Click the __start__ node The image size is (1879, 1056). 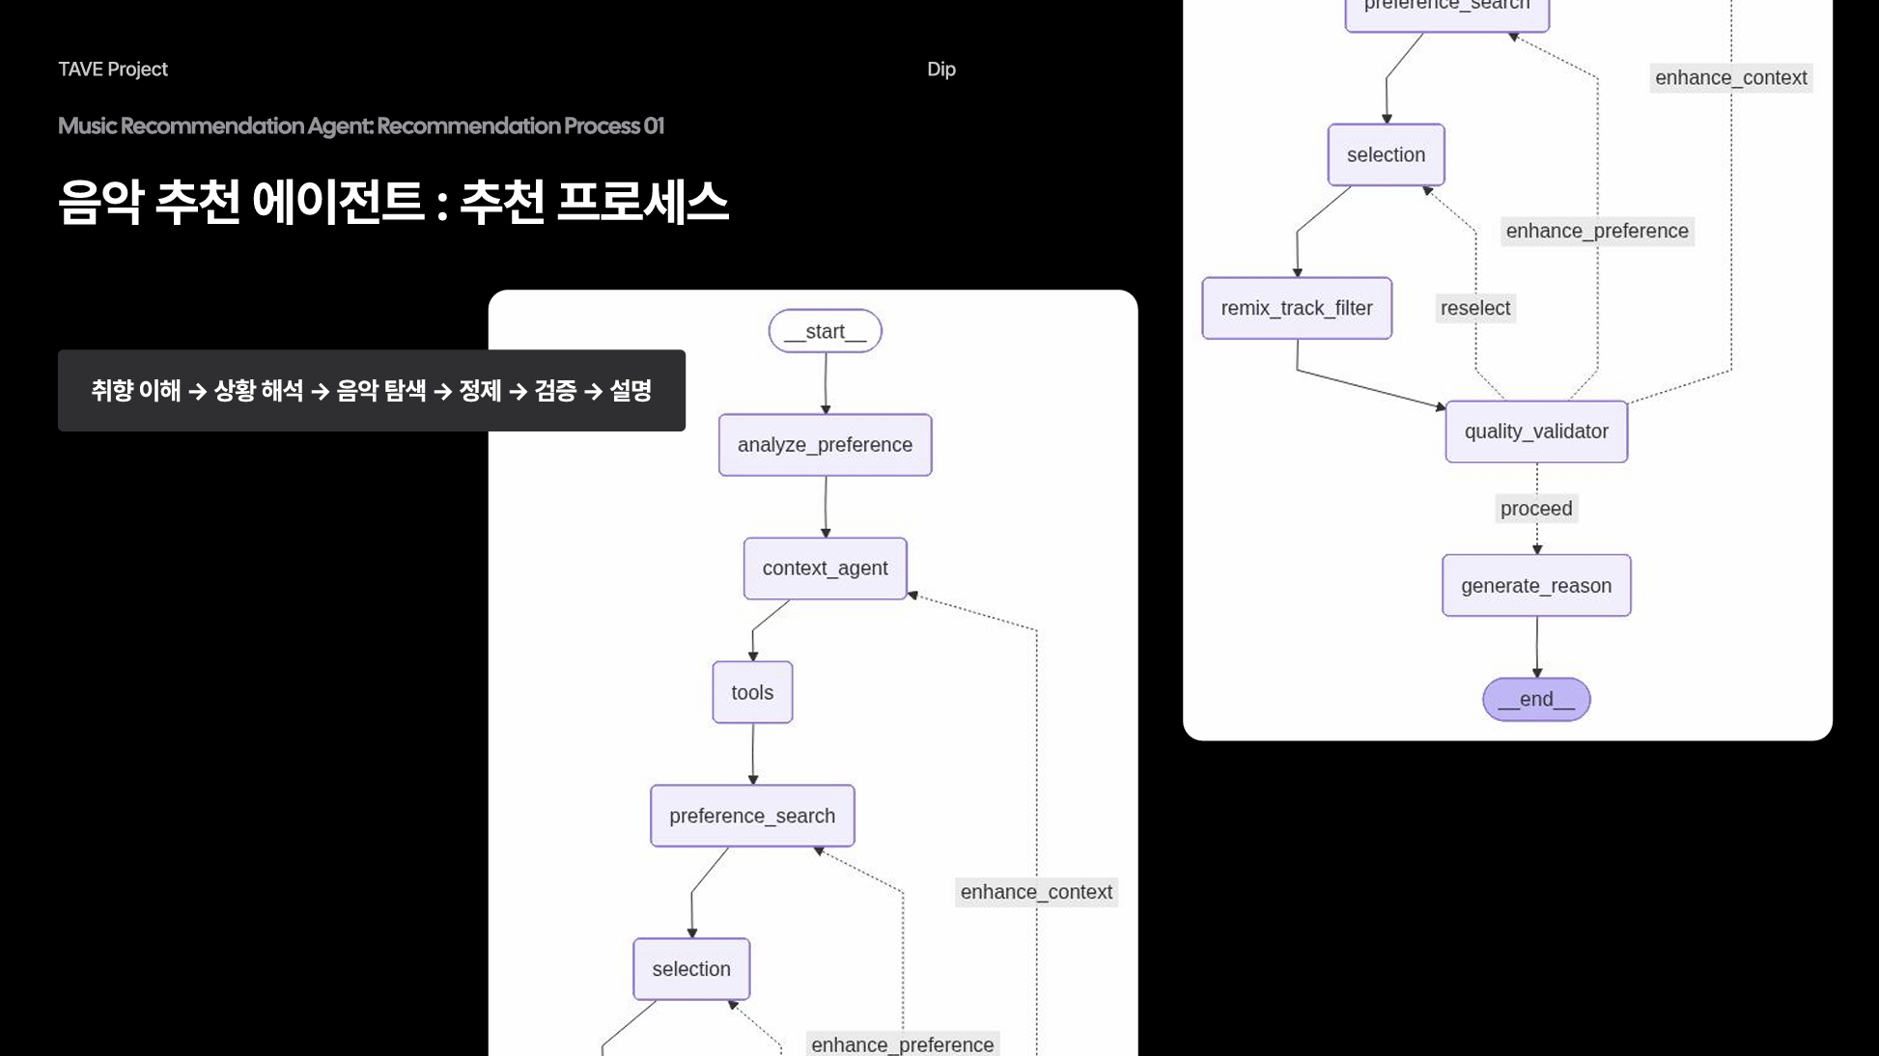(x=825, y=331)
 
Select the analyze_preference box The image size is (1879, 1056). (x=825, y=445)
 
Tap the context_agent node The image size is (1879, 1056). (x=825, y=569)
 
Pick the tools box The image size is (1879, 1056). (x=752, y=692)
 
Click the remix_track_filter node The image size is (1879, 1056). (x=1296, y=308)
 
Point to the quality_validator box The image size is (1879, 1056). (x=1535, y=431)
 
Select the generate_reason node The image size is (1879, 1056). (x=1535, y=586)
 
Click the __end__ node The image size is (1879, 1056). (x=1535, y=700)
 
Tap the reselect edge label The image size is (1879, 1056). (x=1474, y=308)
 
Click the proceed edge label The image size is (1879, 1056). (x=1535, y=509)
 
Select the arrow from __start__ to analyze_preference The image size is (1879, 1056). (x=826, y=383)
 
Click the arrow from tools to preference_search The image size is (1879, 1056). (x=753, y=754)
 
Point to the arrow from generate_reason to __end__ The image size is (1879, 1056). (x=1537, y=647)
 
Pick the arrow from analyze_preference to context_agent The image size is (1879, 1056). (x=826, y=507)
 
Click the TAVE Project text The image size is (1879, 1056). (x=113, y=69)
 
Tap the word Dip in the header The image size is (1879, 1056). (x=940, y=69)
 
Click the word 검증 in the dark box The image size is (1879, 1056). (x=555, y=391)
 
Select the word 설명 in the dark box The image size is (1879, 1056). (x=631, y=391)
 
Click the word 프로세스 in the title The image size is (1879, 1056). (x=642, y=203)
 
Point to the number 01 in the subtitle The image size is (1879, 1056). (x=654, y=126)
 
